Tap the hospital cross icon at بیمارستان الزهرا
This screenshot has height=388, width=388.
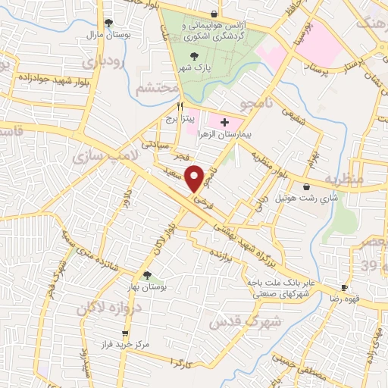pyautogui.click(x=224, y=122)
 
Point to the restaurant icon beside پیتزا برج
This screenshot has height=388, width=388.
pyautogui.click(x=180, y=107)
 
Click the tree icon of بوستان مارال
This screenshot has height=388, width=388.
pyautogui.click(x=108, y=23)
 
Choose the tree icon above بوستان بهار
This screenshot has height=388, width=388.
pyautogui.click(x=148, y=276)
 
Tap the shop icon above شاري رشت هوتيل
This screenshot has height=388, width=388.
pyautogui.click(x=306, y=186)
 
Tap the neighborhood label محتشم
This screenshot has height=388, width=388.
pyautogui.click(x=156, y=89)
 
